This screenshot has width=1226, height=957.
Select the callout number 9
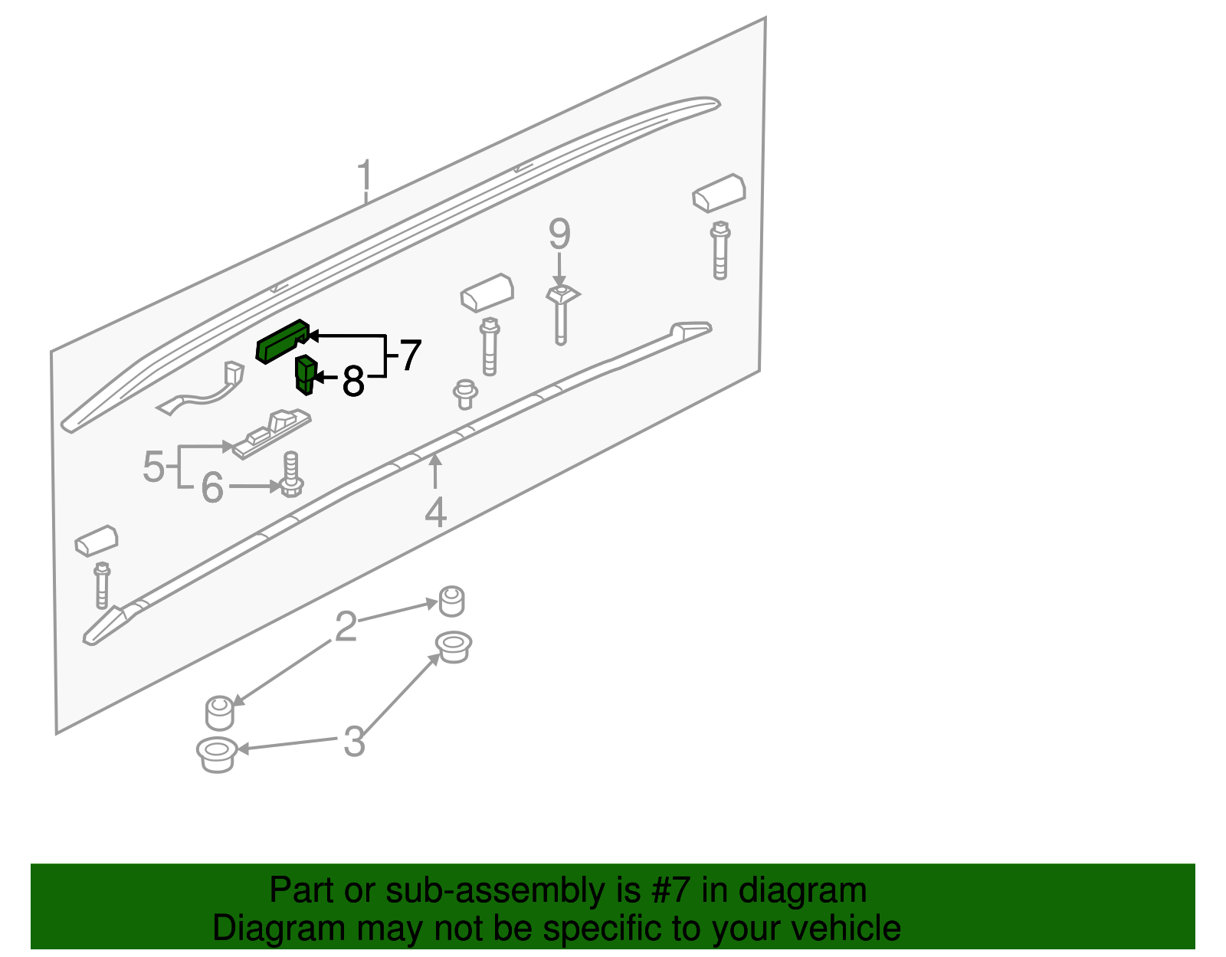point(559,234)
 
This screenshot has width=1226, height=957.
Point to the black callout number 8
point(352,381)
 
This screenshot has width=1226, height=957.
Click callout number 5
point(153,467)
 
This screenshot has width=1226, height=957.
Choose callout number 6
point(212,487)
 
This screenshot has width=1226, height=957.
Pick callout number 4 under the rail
point(435,513)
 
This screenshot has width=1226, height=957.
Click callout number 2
point(346,627)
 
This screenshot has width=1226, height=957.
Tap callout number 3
point(353,742)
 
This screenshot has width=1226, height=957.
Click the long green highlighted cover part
point(282,341)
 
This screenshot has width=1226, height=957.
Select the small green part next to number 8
point(306,375)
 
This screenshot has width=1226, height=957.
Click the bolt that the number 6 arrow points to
point(291,476)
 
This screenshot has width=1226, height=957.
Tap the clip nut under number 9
point(562,294)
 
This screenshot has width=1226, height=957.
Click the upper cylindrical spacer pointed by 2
point(451,601)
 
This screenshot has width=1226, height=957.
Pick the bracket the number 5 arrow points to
point(272,437)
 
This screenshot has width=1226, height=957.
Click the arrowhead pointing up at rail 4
point(435,460)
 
